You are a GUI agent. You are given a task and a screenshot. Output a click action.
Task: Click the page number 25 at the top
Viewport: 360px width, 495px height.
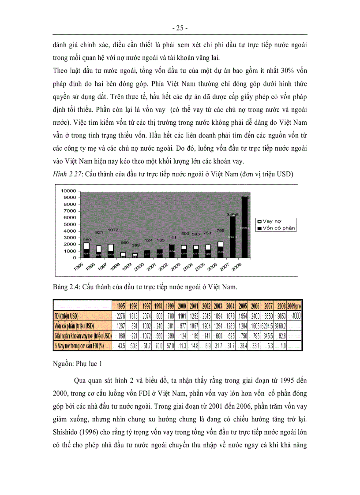point(180,28)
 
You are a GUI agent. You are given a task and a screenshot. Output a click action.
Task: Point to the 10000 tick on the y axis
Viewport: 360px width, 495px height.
point(65,190)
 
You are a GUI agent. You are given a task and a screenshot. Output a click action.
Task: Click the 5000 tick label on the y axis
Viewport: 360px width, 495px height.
point(67,224)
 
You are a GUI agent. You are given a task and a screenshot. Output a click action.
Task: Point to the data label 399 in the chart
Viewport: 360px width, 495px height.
point(136,245)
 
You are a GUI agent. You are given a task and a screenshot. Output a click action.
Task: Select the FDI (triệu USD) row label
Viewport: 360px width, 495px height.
point(73,316)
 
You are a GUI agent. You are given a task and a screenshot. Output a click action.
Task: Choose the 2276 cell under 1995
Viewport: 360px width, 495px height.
point(121,316)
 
